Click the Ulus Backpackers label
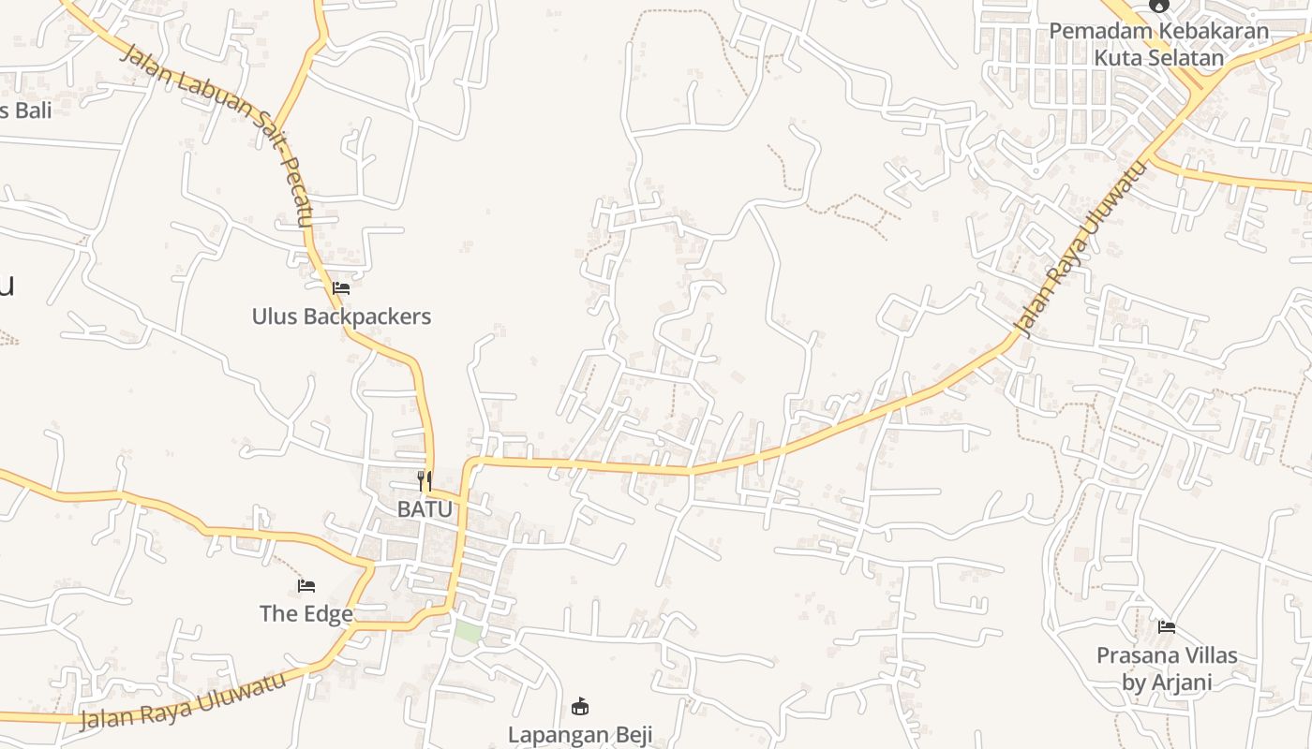pos(341,316)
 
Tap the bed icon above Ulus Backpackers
pos(341,288)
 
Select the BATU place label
pos(425,509)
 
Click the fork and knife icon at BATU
pos(425,481)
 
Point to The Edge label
pos(306,614)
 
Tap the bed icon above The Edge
pos(306,586)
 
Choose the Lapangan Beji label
pos(580,734)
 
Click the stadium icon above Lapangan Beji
pos(580,706)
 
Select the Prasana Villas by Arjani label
pos(1167,668)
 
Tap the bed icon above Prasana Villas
pos(1167,626)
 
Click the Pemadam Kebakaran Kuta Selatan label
pos(1159,44)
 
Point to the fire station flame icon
pos(1159,5)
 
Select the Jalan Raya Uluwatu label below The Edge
pos(183,701)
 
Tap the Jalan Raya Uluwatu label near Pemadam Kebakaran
pos(1081,250)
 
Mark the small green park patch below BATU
pos(468,630)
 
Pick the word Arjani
pos(1183,683)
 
